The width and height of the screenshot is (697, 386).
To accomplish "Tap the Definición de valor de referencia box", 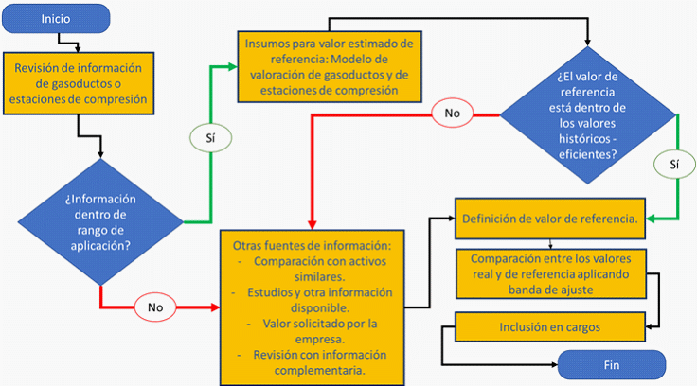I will pos(551,219).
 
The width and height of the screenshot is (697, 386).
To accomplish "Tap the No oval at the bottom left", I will pos(156,307).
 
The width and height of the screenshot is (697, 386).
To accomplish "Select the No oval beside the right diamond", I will pos(452,114).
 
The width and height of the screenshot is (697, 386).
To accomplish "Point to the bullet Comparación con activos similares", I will pos(320,270).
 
